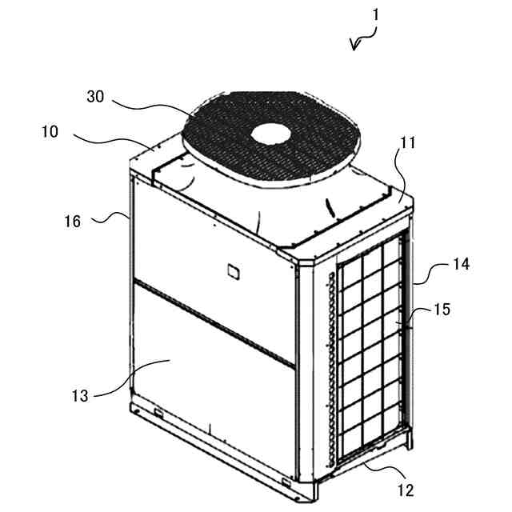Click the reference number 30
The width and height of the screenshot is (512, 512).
click(95, 96)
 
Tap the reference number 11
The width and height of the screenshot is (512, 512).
click(409, 145)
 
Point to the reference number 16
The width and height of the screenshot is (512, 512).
click(73, 221)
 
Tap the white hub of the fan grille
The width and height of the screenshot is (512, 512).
click(272, 133)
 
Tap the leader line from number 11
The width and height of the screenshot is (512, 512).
click(402, 172)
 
